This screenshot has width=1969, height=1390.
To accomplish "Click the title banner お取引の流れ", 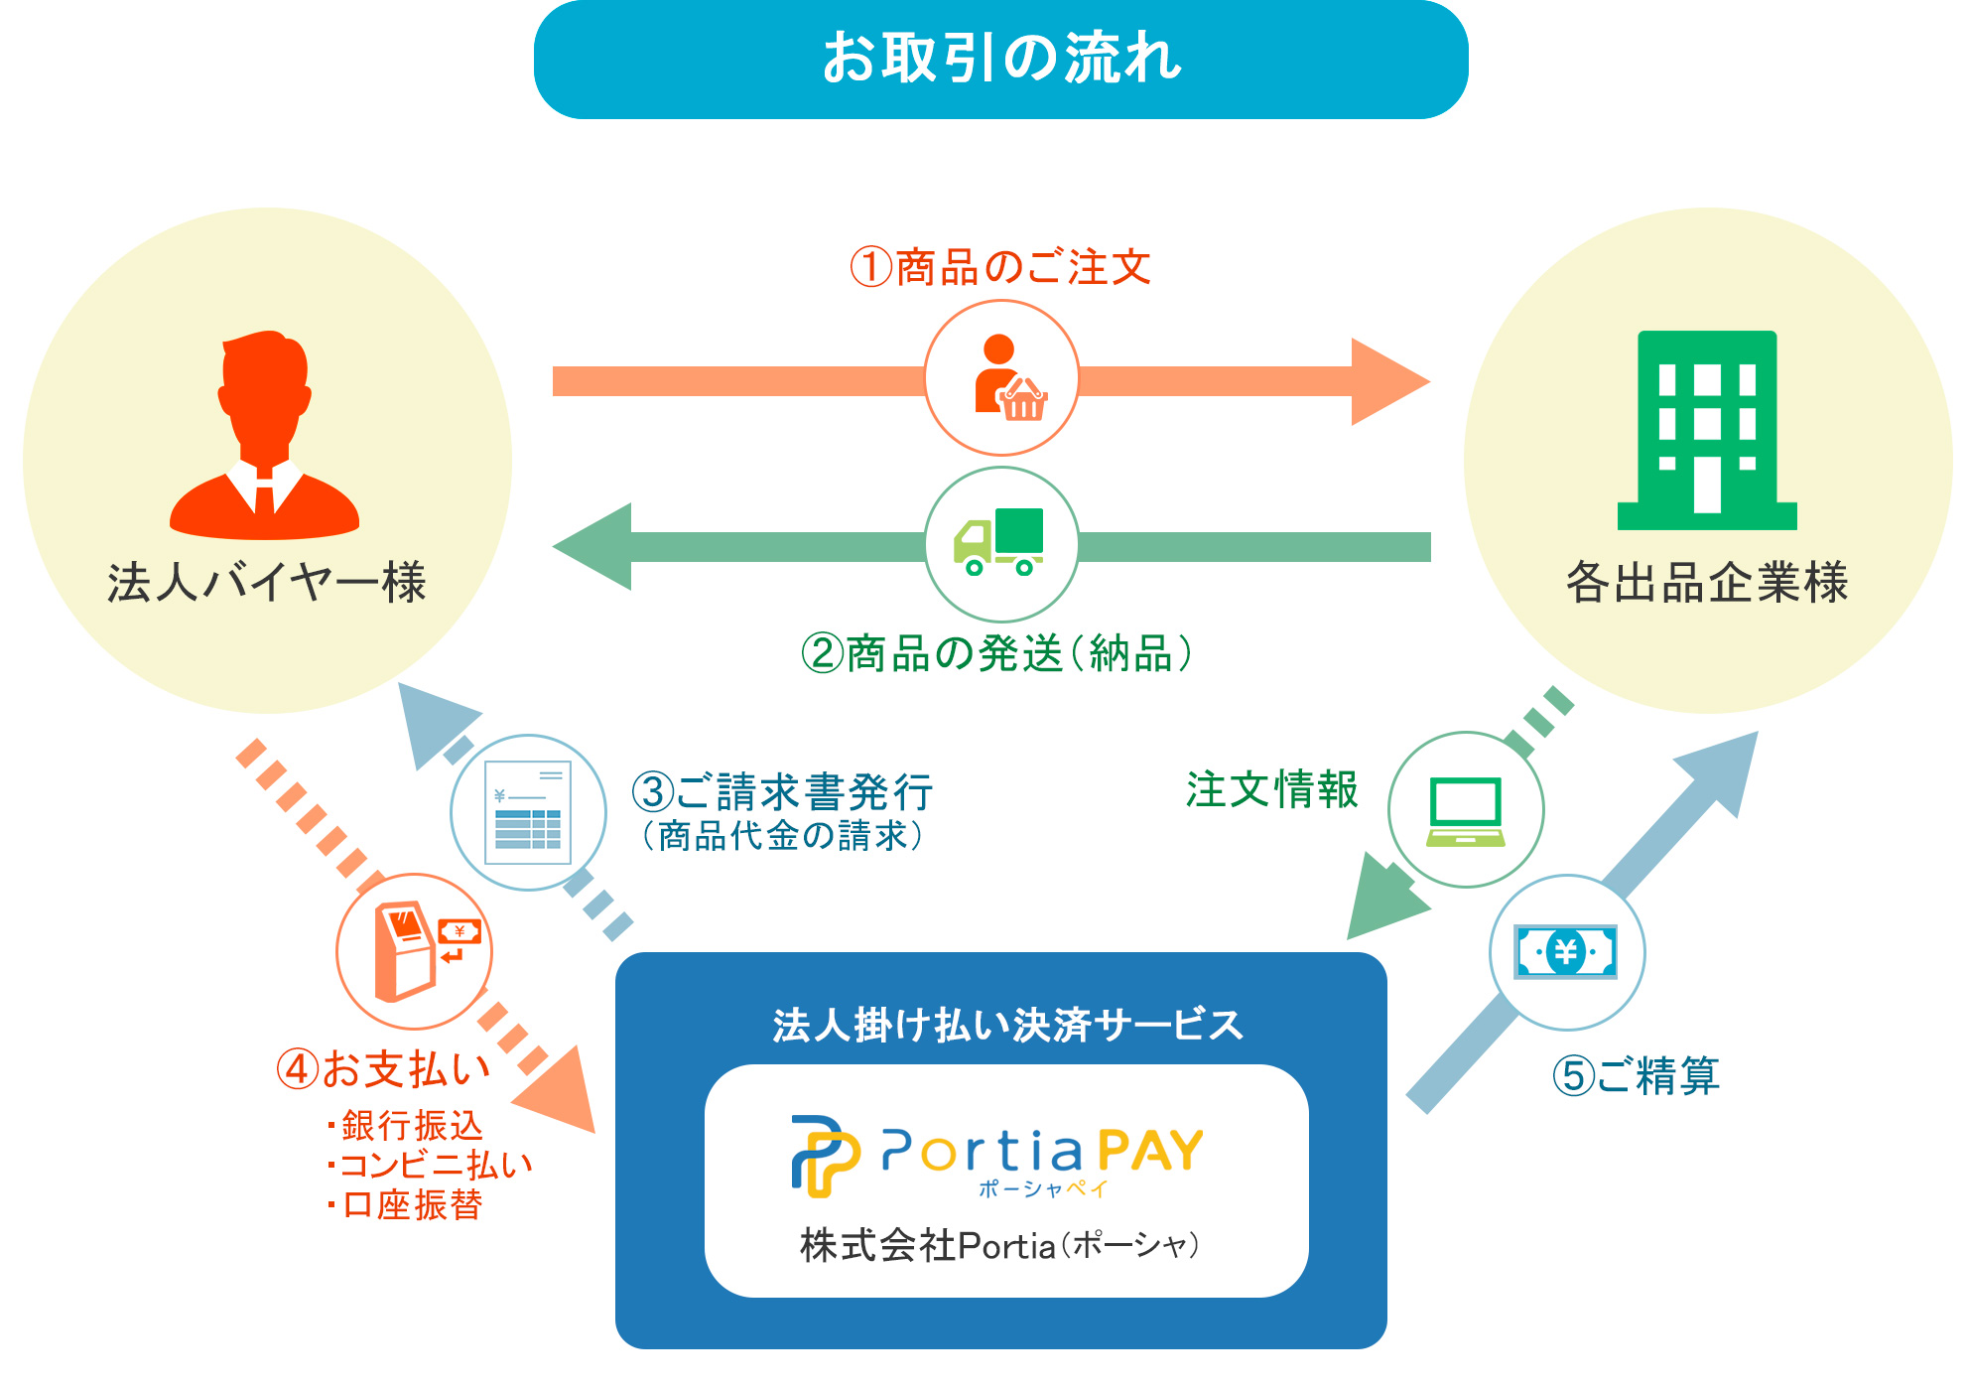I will pyautogui.click(x=1000, y=59).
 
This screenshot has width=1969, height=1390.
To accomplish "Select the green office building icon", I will pyautogui.click(x=1707, y=429).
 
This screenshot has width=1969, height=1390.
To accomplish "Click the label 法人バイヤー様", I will pyautogui.click(x=266, y=582).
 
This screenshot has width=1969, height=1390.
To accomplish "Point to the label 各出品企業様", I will pyautogui.click(x=1707, y=582).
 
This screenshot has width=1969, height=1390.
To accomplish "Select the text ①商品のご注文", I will pyautogui.click(x=1000, y=267).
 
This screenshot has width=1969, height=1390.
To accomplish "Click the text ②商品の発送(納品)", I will pyautogui.click(x=997, y=653).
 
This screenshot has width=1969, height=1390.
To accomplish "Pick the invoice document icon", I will pyautogui.click(x=528, y=812).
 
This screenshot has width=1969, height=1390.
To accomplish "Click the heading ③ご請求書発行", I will pyautogui.click(x=782, y=792).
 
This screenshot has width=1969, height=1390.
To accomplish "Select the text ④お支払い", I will pyautogui.click(x=384, y=1069).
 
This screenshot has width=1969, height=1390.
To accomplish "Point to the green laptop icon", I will pyautogui.click(x=1466, y=810).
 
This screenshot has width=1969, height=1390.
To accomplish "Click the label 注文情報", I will pyautogui.click(x=1271, y=790).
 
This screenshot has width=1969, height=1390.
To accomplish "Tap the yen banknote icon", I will pyautogui.click(x=1566, y=952).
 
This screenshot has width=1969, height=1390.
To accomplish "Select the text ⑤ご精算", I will pyautogui.click(x=1636, y=1075).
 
